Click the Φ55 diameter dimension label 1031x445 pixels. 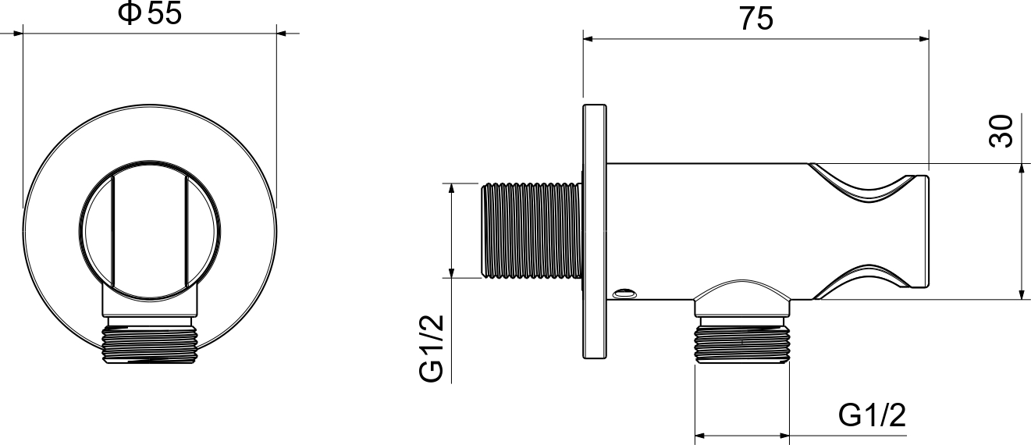[150, 13]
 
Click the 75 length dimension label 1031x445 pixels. [756, 20]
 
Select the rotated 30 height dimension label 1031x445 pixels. [1001, 130]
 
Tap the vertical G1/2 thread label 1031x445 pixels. [432, 348]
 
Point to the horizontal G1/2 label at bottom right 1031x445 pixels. [872, 415]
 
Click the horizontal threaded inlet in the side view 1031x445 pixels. [531, 230]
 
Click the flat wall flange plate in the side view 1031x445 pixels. [595, 231]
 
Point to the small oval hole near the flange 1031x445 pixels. [624, 293]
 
